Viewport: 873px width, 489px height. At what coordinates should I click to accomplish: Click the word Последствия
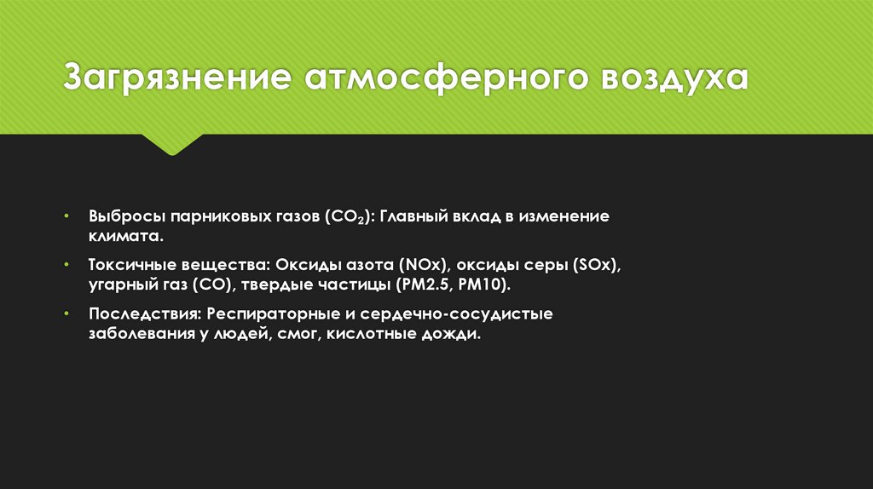(x=143, y=314)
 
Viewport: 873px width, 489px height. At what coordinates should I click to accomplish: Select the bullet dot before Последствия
(x=68, y=314)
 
